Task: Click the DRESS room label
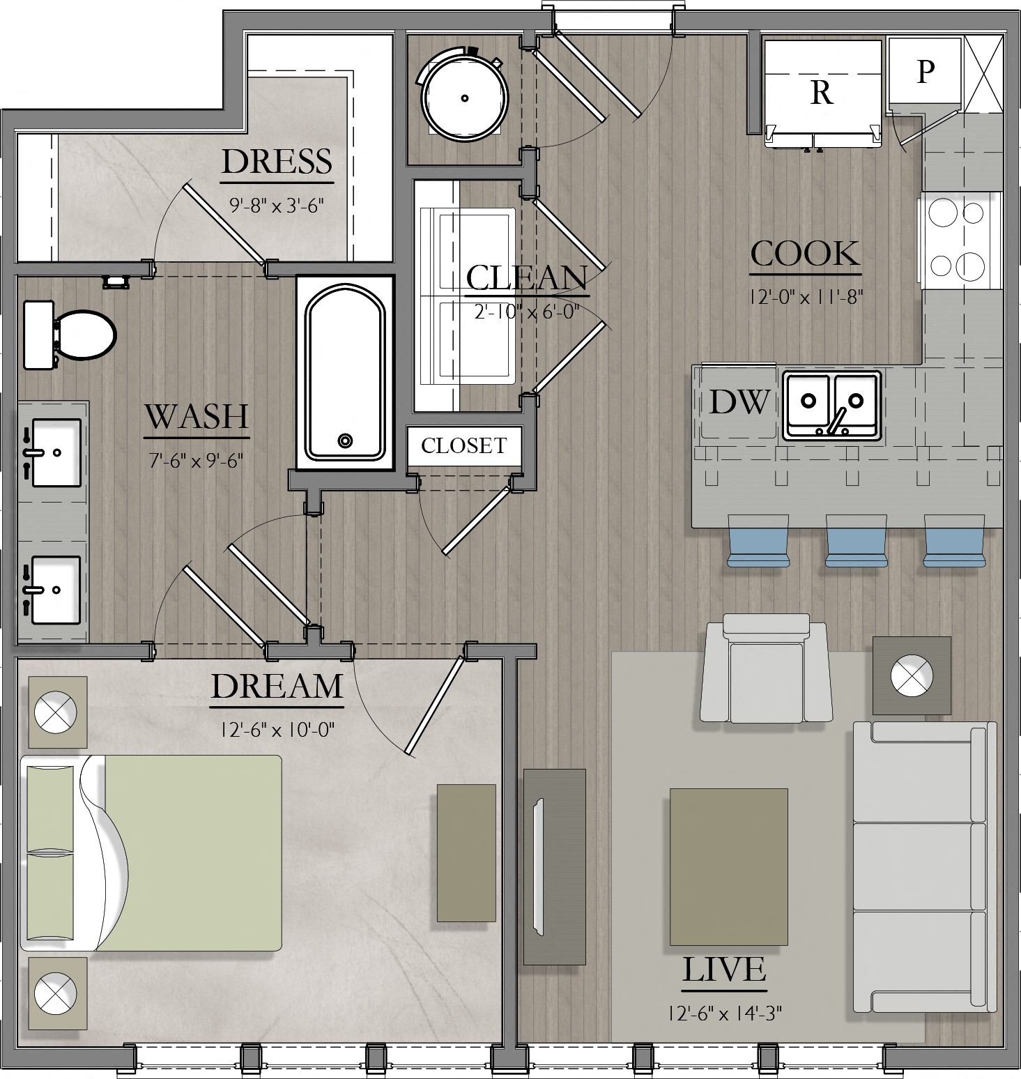[277, 162]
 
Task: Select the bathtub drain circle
[345, 441]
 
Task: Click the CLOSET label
[463, 445]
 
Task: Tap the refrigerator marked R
[822, 92]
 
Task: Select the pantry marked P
[924, 71]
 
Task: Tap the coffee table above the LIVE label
[728, 866]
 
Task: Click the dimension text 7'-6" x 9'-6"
[196, 461]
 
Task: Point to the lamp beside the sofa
[912, 675]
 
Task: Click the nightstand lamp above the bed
[56, 712]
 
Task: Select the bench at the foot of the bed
[466, 852]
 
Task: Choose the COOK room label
[805, 254]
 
